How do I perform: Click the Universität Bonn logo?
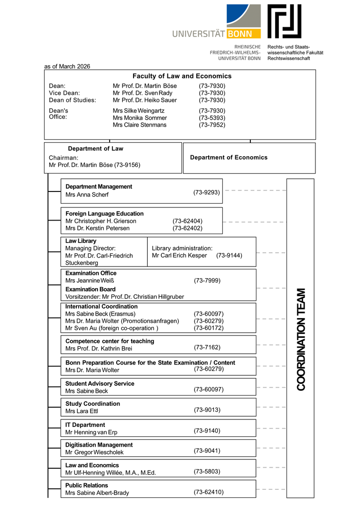(217, 23)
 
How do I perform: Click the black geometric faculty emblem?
(285, 22)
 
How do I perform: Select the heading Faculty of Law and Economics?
(182, 76)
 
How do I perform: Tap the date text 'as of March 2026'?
(67, 67)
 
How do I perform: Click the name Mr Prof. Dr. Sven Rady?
(142, 93)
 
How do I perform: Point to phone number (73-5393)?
(212, 118)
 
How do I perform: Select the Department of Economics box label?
(229, 158)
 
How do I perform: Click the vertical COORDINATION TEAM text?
(301, 339)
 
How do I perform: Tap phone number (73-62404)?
(187, 221)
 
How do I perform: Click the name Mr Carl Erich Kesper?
(180, 256)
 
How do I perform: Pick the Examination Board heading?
(90, 289)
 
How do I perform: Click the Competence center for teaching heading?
(110, 341)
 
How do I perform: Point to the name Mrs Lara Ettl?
(82, 411)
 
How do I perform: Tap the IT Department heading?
(85, 425)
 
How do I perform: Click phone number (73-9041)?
(207, 451)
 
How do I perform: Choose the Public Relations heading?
(87, 485)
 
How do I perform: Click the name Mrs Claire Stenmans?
(139, 125)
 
